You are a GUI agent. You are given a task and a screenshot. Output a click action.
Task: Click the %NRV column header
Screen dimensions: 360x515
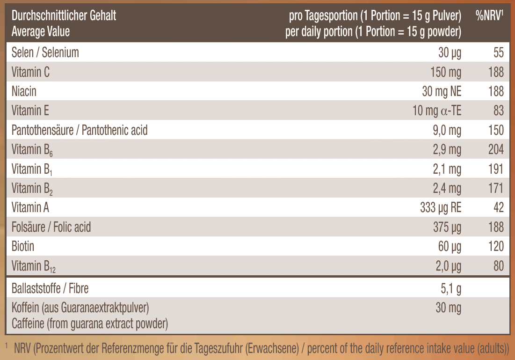point(489,16)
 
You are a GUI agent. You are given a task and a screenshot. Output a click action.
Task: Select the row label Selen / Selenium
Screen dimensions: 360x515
point(45,52)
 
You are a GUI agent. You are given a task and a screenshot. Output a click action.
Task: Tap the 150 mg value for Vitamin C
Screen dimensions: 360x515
point(445,72)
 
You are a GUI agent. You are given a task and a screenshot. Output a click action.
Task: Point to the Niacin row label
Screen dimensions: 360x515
point(24,91)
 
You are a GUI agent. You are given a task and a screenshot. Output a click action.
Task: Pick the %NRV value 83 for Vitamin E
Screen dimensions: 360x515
point(498,110)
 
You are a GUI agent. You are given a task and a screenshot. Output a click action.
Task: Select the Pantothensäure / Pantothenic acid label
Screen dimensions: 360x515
point(80,130)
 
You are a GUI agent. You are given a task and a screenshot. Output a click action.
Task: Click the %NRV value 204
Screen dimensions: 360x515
point(496,149)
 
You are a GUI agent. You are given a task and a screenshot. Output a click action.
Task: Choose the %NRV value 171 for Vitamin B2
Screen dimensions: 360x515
point(496,188)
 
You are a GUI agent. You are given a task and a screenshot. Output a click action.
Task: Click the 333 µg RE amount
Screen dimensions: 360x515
point(440,207)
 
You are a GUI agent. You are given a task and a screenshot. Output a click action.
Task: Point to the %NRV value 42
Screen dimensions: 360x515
point(498,207)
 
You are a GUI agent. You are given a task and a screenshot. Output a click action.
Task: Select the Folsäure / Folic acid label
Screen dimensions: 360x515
point(51,227)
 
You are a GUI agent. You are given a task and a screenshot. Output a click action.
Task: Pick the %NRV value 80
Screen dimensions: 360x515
point(498,266)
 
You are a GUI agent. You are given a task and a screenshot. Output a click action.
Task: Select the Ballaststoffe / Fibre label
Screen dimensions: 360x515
point(50,288)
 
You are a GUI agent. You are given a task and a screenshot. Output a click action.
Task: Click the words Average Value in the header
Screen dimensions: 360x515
point(41,31)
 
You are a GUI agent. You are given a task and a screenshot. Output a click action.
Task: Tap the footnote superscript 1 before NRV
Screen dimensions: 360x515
point(7,346)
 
